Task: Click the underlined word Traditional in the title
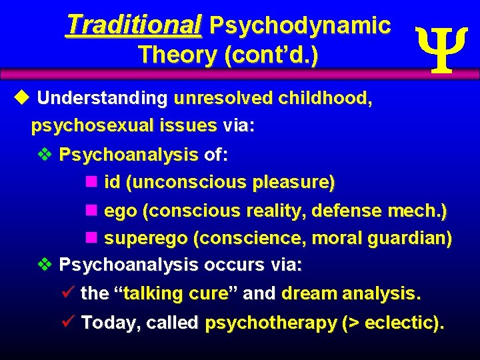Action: pos(133,25)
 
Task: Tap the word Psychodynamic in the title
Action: pos(300,25)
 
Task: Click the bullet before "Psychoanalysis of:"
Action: pos(45,155)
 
